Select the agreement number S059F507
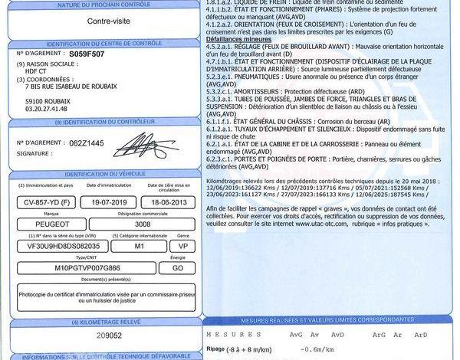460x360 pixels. pos(87,55)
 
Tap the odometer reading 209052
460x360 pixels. pos(95,335)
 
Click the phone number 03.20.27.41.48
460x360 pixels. pos(48,109)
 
